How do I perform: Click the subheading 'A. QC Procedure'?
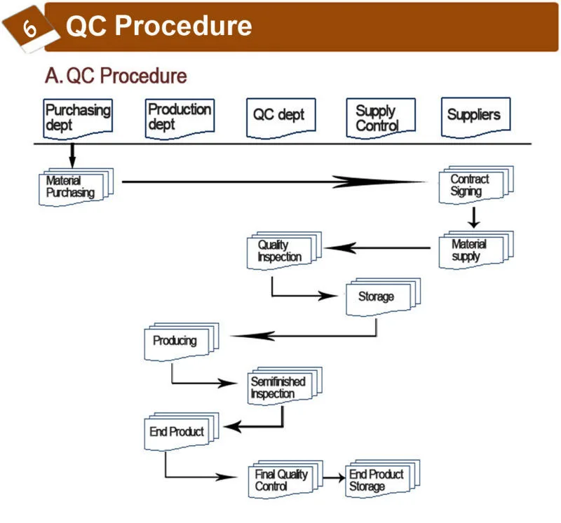(x=116, y=76)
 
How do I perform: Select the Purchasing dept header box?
(x=78, y=118)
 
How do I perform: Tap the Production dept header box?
(x=180, y=117)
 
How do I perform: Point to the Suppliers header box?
(x=475, y=116)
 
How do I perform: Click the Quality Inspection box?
(x=281, y=251)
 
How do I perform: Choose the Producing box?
(x=178, y=341)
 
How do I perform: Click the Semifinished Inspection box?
(x=280, y=387)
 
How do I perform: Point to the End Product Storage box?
(x=379, y=480)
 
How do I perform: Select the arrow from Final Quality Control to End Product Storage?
(x=335, y=477)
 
